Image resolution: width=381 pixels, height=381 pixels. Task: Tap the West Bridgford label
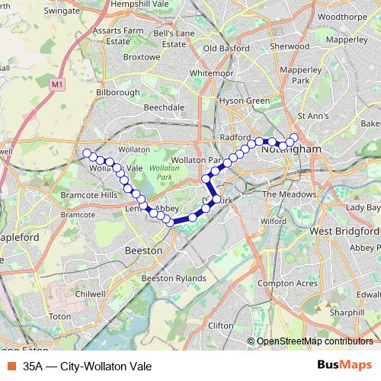(x=345, y=230)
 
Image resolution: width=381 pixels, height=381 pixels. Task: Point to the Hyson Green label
(x=244, y=101)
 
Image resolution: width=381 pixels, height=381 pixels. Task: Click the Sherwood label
(x=290, y=46)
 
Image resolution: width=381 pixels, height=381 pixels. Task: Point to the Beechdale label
(x=164, y=107)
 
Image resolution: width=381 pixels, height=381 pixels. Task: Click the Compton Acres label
(x=287, y=283)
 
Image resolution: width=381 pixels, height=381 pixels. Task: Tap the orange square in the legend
(x=11, y=367)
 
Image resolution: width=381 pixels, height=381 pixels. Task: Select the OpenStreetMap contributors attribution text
(x=315, y=341)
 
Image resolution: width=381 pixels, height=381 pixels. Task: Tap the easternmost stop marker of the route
(x=295, y=137)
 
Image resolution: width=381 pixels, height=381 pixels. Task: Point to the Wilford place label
(x=272, y=221)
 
